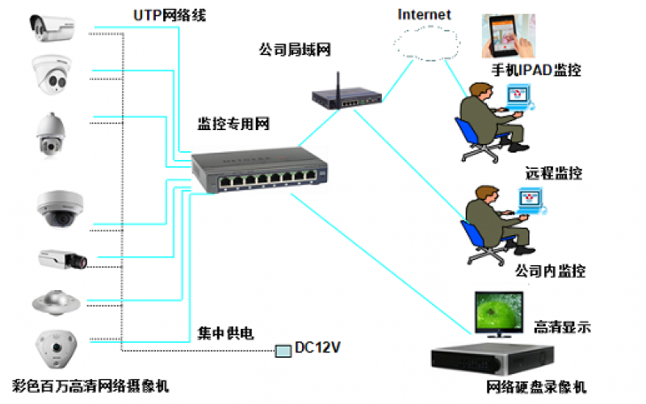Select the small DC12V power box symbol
pyautogui.click(x=283, y=350)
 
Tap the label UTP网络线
pyautogui.click(x=170, y=15)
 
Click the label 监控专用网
pyautogui.click(x=233, y=124)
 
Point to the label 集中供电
pyautogui.click(x=226, y=332)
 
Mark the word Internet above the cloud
pyautogui.click(x=425, y=14)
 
